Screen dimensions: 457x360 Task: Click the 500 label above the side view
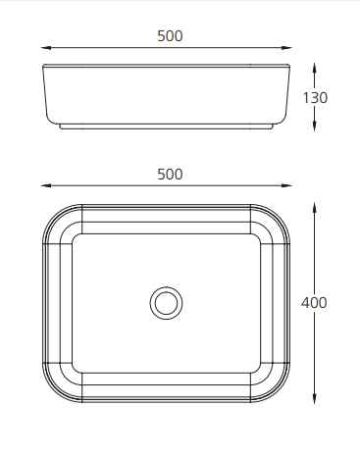(x=170, y=36)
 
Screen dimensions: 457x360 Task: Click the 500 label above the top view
(x=170, y=174)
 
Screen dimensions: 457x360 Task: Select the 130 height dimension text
(x=315, y=98)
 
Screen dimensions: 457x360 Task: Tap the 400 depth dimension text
(x=315, y=302)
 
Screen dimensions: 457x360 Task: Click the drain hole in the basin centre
(x=167, y=302)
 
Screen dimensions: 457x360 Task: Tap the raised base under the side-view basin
(x=168, y=127)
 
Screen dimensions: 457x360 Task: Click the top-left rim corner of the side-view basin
(x=44, y=67)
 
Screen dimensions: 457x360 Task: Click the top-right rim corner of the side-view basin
(x=291, y=67)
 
